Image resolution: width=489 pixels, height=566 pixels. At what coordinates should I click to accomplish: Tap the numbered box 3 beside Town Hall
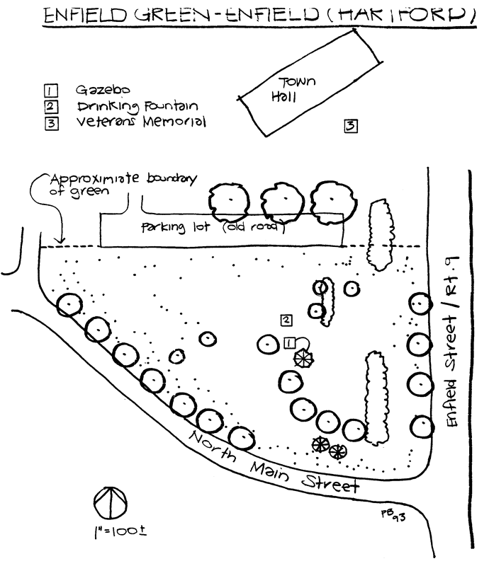[x=350, y=127]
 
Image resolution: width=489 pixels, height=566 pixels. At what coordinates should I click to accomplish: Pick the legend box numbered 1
[x=50, y=91]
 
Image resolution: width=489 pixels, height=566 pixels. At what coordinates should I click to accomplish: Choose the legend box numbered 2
[x=50, y=106]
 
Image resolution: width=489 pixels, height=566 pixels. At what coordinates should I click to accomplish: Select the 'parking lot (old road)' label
[x=212, y=229]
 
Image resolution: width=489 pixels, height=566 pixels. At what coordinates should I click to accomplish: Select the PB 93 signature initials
[x=394, y=515]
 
